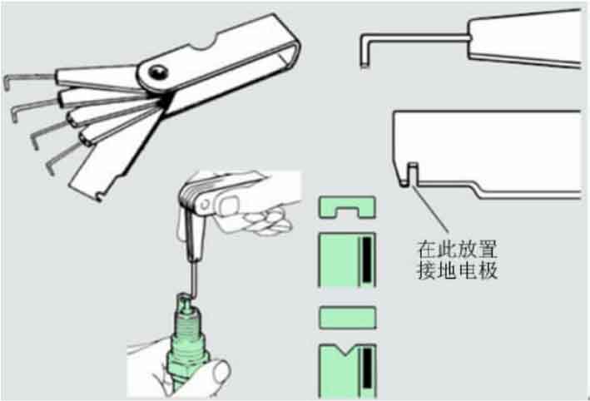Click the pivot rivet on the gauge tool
157,72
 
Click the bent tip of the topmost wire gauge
7,82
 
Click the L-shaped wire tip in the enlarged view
364,51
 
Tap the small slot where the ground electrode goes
413,173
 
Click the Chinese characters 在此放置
457,249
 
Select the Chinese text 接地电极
457,270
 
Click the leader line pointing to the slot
430,208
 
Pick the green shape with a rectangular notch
347,207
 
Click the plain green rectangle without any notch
347,319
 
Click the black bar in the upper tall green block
367,260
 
